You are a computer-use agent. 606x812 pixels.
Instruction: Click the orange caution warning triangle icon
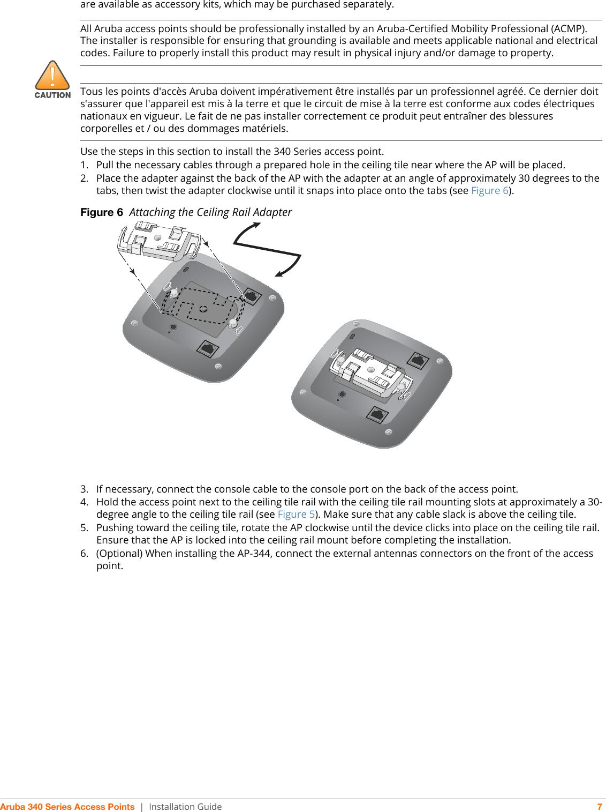[52, 76]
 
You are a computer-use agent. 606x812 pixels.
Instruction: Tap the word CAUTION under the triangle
[52, 95]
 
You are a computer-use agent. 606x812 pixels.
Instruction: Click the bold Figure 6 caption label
[102, 212]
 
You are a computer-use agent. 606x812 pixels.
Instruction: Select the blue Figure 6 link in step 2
[489, 191]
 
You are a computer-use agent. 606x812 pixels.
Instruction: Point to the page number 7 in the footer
[600, 807]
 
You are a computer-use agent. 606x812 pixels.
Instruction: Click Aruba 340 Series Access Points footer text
[67, 807]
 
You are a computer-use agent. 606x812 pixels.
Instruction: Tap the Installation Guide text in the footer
[185, 807]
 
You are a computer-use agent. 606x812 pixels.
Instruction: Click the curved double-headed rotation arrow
[268, 250]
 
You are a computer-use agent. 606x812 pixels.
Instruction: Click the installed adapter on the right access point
[370, 371]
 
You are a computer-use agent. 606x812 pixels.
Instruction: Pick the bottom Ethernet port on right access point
[378, 414]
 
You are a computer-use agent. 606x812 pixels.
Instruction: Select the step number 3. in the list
[84, 489]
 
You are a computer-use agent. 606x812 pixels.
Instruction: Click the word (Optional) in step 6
[119, 554]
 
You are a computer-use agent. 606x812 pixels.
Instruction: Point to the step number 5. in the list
[84, 528]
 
